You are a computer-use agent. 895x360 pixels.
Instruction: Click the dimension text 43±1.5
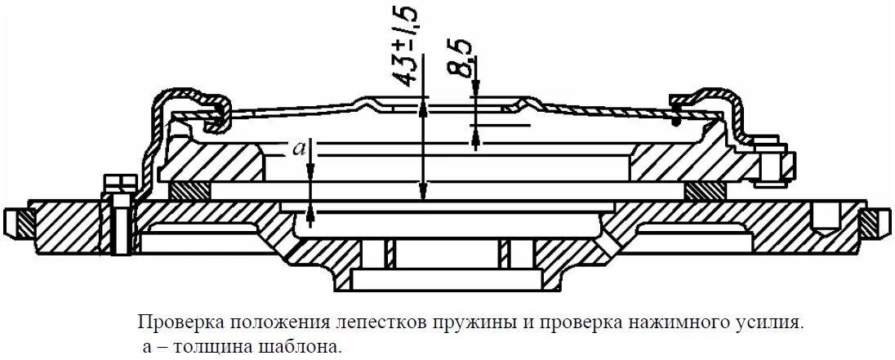[x=406, y=44]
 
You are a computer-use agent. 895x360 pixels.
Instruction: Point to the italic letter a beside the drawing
[x=300, y=148]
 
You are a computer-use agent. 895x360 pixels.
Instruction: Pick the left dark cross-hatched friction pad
[x=189, y=189]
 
